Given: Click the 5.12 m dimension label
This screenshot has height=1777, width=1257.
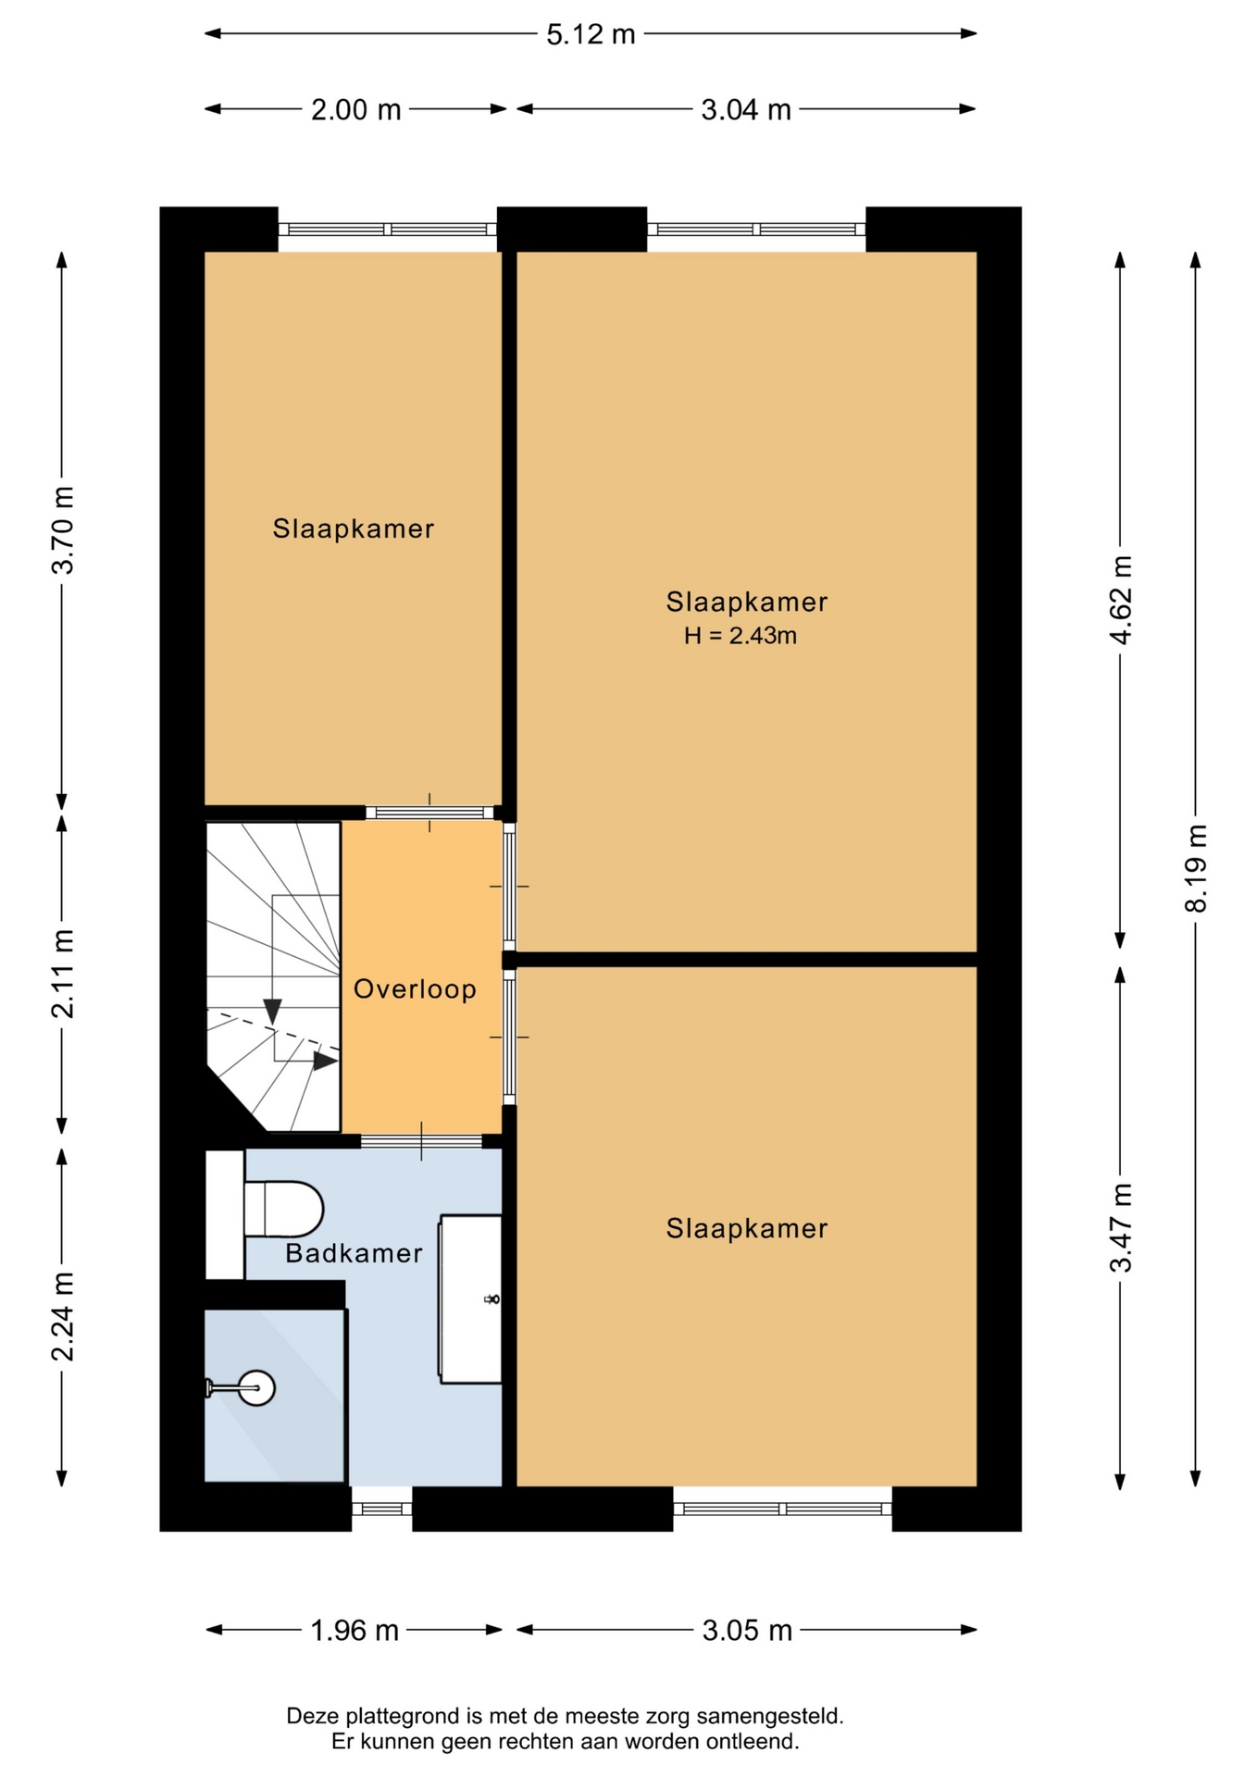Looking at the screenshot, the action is coord(591,34).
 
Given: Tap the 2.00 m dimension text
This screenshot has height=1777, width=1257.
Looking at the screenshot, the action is coord(355,110).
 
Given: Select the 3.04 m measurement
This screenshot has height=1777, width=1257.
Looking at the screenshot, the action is coord(746,110).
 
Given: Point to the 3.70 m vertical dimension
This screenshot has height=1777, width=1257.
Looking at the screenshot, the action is coord(63,530).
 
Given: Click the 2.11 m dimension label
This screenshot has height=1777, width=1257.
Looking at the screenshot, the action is coord(63,974).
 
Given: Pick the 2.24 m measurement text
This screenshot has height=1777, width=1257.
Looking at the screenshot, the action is coord(63,1316).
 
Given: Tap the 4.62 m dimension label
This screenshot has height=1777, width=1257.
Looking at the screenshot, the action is coord(1121,600).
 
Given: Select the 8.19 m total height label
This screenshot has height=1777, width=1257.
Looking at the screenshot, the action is coord(1196,868).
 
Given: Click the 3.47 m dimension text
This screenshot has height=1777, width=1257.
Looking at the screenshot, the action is coord(1121,1228).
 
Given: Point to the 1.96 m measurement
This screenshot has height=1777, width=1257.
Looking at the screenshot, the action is coord(355,1630).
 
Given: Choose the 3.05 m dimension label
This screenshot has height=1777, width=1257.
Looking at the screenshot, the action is coord(747,1630).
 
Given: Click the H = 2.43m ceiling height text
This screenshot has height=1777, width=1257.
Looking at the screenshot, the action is coord(741,636).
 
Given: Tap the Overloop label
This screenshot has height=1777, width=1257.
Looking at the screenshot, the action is coord(415,989).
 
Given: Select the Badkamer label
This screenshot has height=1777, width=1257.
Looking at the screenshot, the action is coord(354,1253).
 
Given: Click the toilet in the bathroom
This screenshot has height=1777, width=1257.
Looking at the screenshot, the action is coord(283,1209).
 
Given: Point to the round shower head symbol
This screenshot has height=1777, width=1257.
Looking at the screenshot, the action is coord(256,1387).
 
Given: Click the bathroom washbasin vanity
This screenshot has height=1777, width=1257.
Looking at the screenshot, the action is coord(470,1299).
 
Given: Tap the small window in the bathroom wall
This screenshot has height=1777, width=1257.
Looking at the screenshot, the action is coord(381,1509).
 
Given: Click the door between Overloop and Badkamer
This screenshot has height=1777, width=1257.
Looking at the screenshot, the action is coord(421,1141).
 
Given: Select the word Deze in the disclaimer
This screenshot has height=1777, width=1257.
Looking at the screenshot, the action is coord(311,1717).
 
